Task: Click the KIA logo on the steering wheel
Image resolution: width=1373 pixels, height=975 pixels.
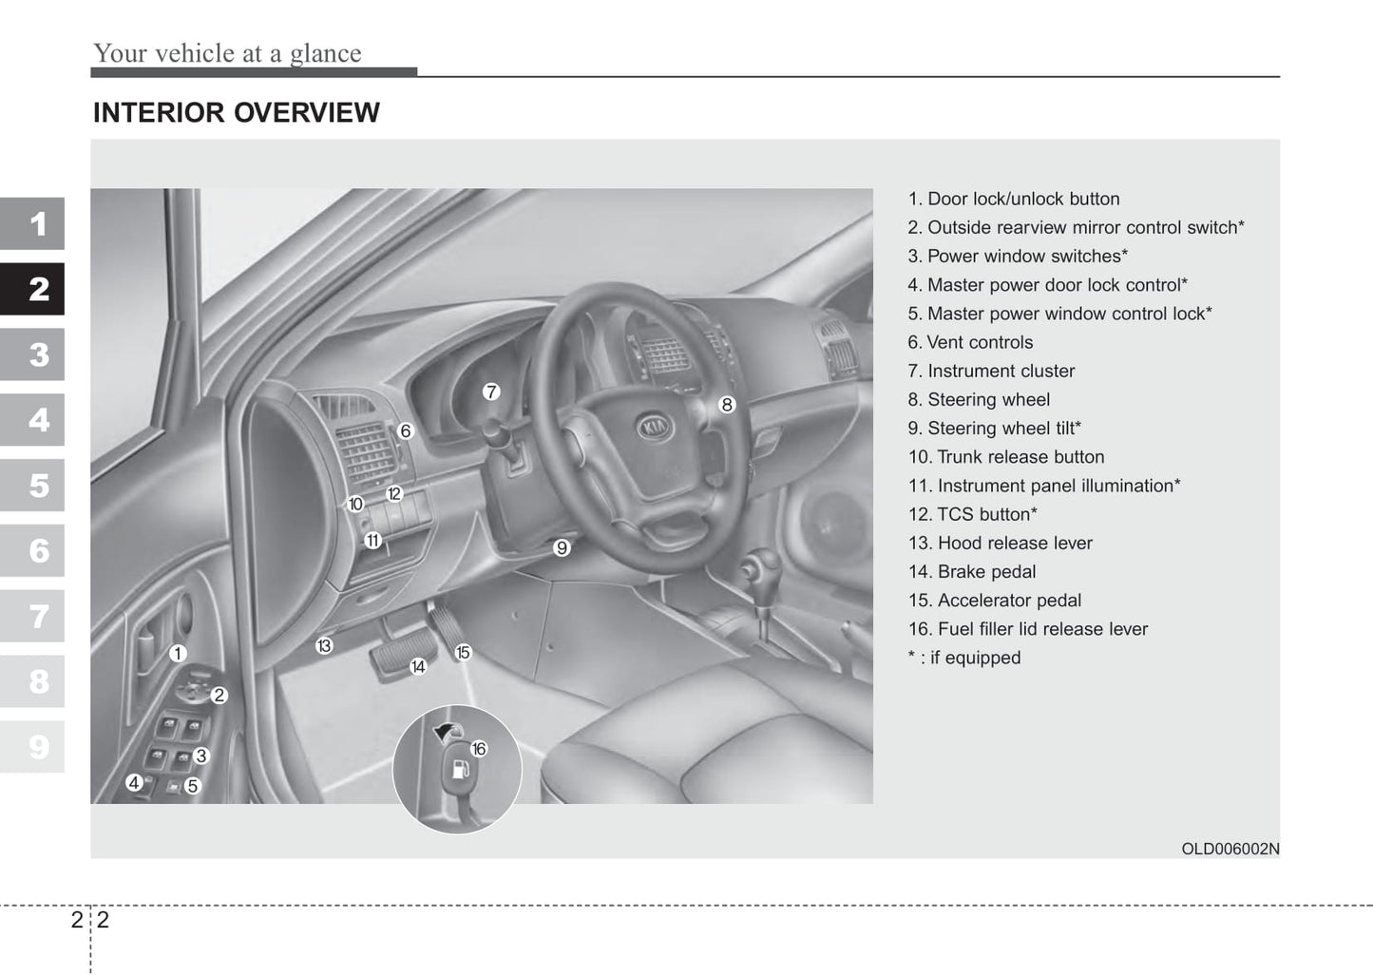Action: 655,428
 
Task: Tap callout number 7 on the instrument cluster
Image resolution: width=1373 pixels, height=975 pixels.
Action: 490,392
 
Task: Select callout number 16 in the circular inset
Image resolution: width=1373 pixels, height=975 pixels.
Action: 479,749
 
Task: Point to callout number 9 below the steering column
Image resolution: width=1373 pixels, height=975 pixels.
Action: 562,547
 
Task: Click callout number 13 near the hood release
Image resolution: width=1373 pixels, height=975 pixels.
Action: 324,646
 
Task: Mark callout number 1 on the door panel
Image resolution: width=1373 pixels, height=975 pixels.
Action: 178,653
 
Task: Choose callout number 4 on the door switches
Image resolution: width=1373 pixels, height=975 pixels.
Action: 134,782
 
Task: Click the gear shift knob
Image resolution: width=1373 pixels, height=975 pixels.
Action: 760,566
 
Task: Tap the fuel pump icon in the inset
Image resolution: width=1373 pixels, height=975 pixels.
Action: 461,768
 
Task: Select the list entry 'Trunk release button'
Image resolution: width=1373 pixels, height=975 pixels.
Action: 1006,457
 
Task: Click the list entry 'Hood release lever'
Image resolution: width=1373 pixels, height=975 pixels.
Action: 1000,544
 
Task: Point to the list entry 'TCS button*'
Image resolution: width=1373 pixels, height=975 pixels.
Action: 972,515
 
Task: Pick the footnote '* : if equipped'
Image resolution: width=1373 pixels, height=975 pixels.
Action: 963,658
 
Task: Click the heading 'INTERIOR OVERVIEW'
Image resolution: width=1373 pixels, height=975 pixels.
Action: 236,113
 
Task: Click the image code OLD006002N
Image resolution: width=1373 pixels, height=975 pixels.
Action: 1230,850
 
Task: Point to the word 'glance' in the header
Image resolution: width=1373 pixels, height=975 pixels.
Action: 325,54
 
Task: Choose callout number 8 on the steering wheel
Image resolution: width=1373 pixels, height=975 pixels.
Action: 727,405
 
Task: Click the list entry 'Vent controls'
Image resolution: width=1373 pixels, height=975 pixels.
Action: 970,343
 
